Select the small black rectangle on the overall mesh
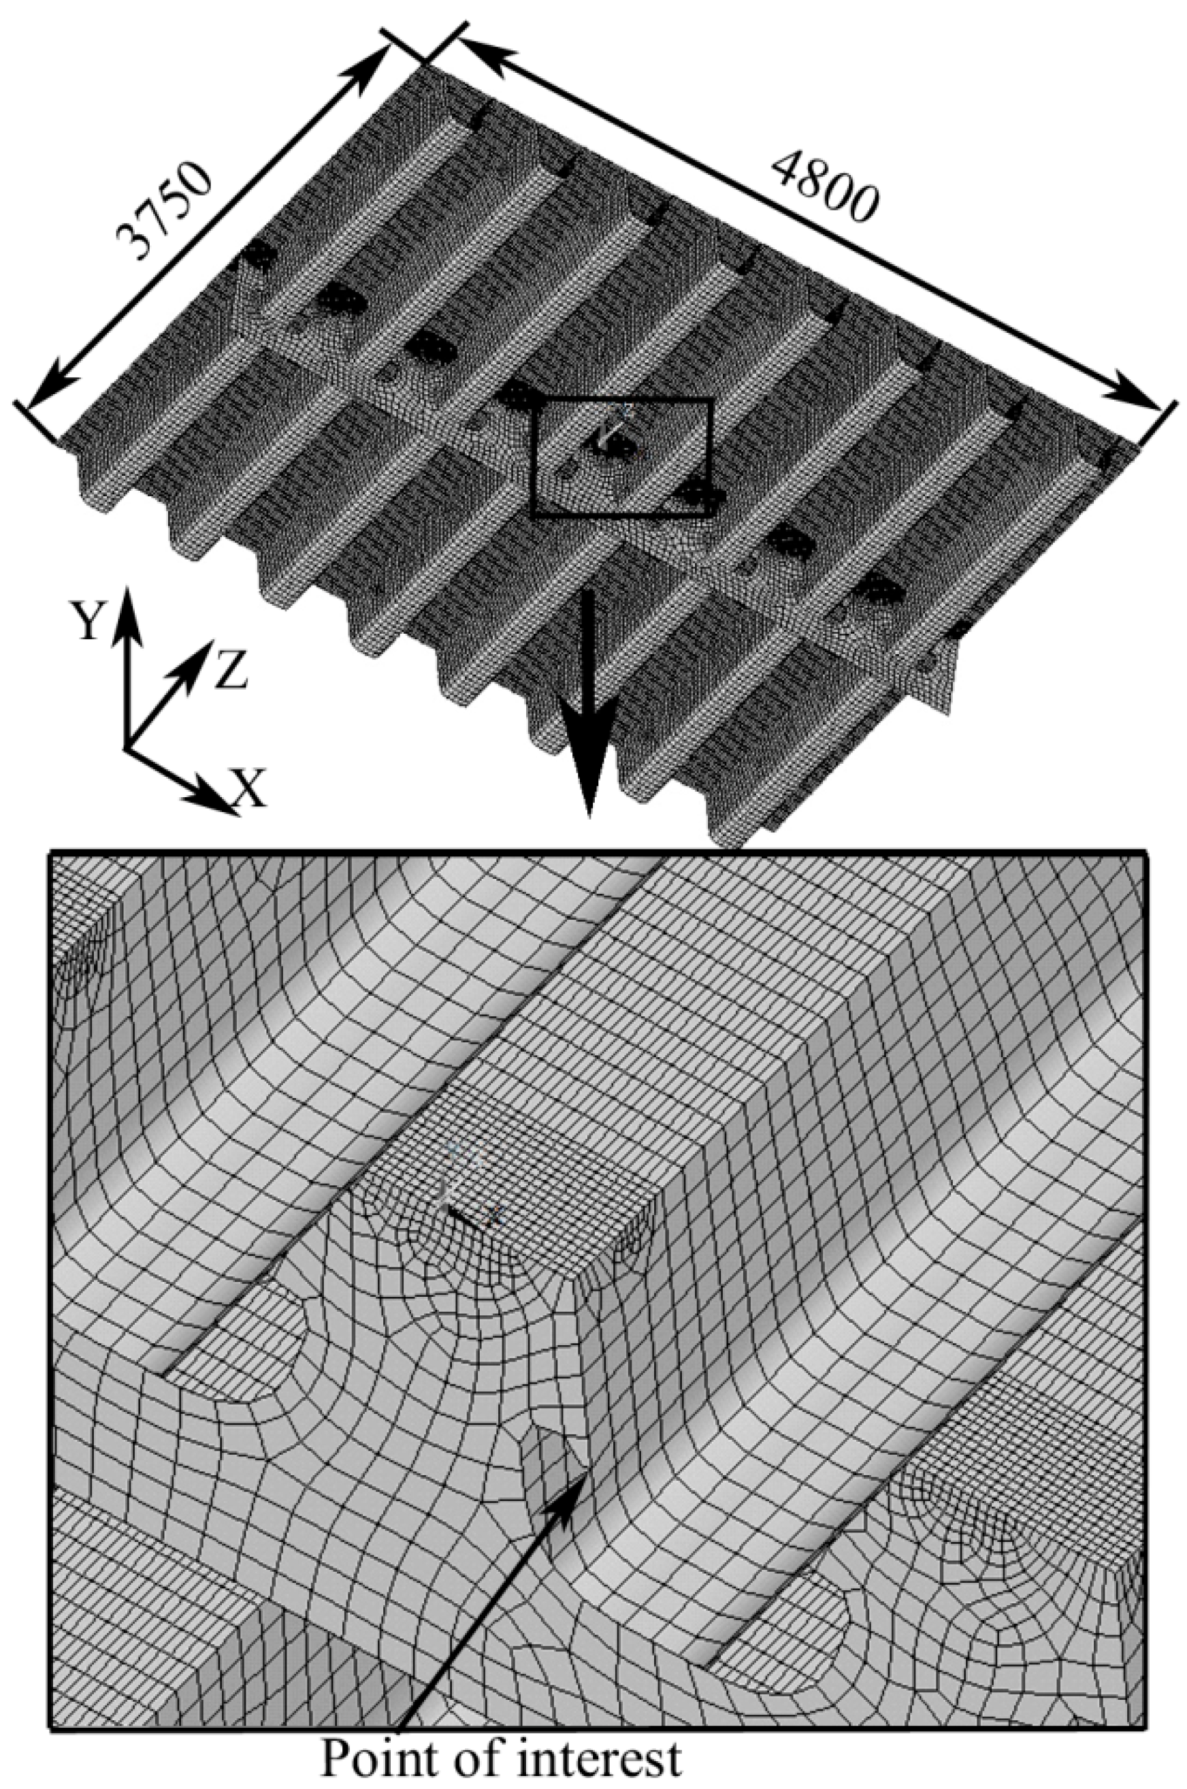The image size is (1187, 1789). pyautogui.click(x=621, y=459)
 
